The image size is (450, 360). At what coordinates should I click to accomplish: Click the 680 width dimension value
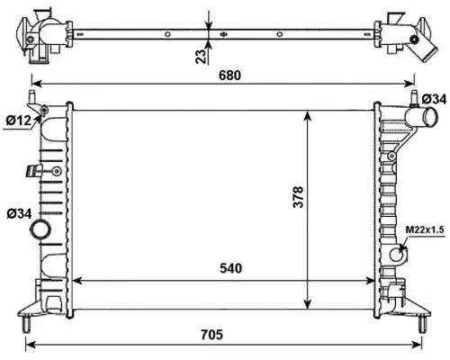tap(229, 76)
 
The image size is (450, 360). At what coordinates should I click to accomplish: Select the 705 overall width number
tap(212, 334)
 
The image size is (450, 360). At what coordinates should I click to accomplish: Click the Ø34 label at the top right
tap(434, 98)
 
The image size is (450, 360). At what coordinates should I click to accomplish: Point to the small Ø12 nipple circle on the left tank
tap(43, 112)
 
